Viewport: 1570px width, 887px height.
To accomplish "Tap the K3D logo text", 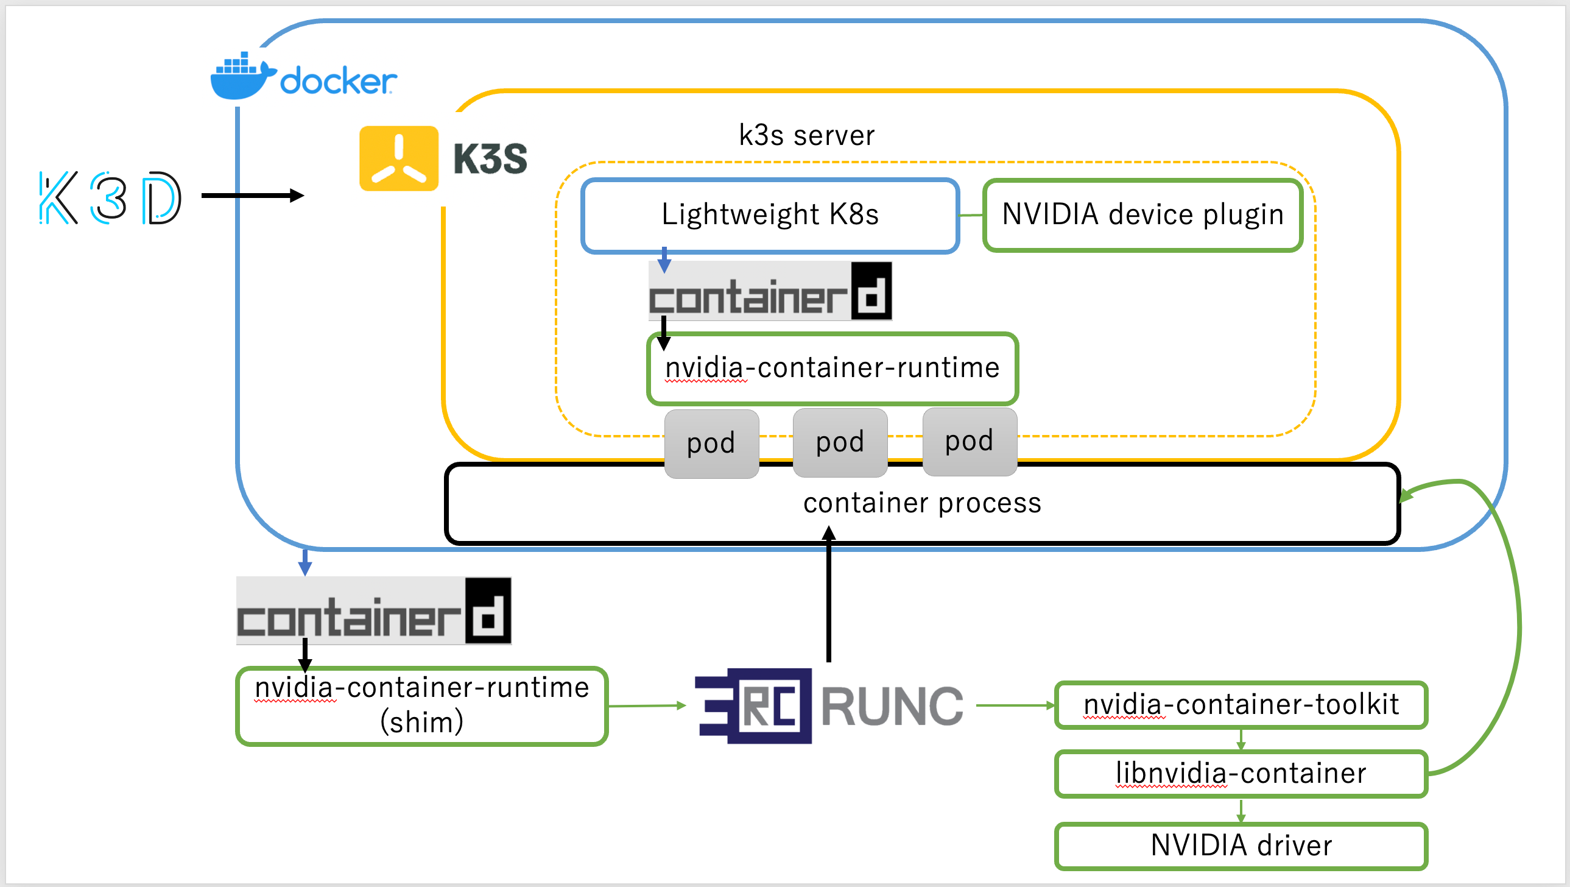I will click(110, 197).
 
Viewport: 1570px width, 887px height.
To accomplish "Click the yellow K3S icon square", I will click(399, 158).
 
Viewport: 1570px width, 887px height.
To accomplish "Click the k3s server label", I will click(806, 135).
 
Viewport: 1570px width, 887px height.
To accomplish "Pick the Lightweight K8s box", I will click(770, 215).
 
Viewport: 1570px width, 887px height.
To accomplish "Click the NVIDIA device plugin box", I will click(1142, 215).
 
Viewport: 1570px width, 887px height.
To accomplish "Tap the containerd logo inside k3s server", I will click(770, 292).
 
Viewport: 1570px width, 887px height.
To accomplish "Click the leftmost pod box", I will click(711, 443).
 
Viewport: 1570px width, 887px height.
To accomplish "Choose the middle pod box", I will click(840, 442).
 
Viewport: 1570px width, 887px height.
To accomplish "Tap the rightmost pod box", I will click(969, 441).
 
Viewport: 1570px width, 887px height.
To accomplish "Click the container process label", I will click(922, 504).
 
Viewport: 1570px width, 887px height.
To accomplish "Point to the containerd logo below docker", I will click(373, 612).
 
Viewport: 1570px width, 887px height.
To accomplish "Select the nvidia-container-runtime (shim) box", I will click(422, 706).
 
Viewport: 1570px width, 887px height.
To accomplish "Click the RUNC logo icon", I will click(754, 706).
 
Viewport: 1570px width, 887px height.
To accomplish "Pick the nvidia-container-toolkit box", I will click(1241, 705).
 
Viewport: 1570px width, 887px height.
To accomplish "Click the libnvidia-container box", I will click(1241, 774).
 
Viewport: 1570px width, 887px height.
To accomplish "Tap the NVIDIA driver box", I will click(1241, 846).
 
